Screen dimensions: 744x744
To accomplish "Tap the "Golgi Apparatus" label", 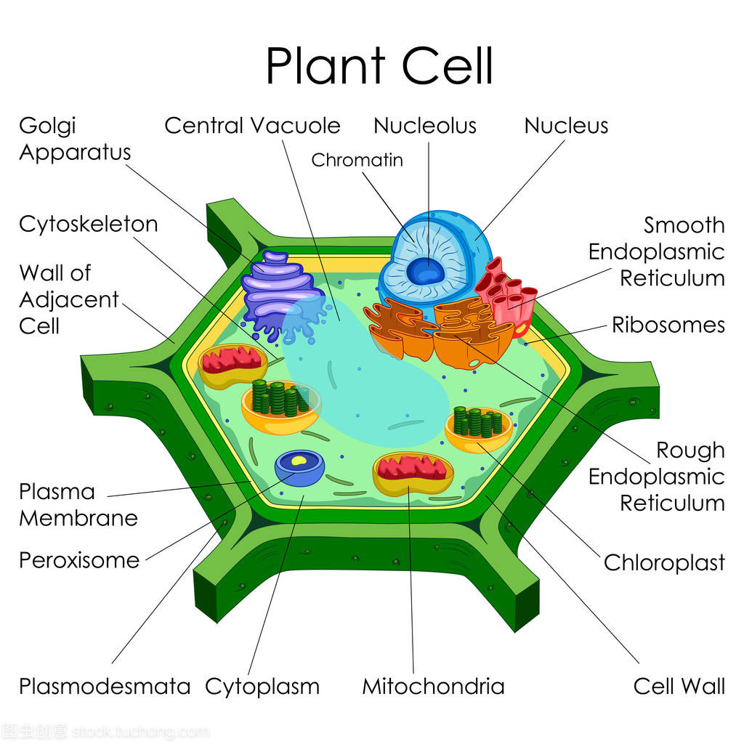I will coord(75,139).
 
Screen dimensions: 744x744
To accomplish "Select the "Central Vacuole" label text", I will coord(252,125).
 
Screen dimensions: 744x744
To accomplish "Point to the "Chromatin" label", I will coord(357,160).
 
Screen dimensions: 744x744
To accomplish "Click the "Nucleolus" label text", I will coord(425,125).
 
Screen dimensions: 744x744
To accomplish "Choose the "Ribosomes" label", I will coord(668,324).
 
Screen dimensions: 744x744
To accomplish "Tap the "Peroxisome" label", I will coord(79,560).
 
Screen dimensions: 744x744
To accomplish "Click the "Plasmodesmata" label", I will coord(105,686).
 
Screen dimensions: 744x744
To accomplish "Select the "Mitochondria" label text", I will coord(433,686).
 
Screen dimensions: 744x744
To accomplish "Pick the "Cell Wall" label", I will coord(679,686).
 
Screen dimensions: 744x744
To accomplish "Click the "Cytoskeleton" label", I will coord(88,224).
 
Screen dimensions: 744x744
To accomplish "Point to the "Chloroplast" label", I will coord(664,562).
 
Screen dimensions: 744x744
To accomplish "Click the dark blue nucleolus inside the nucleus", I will coord(425,271).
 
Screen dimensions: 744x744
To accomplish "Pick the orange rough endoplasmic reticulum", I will coord(436,331).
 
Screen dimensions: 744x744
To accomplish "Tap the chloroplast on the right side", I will coord(478,426).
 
